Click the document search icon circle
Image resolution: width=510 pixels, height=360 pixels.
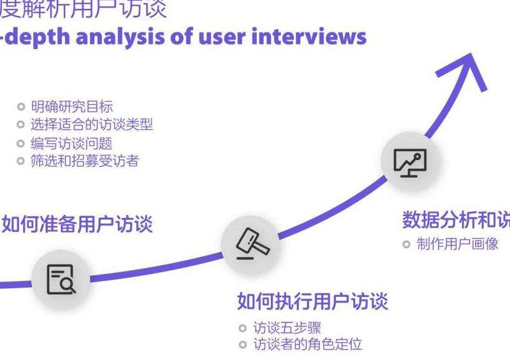[x=61, y=278]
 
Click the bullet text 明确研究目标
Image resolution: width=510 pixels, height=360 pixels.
[x=71, y=106]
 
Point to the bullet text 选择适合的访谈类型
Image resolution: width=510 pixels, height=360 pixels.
[x=92, y=124]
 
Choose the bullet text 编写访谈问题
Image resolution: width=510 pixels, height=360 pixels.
[x=71, y=143]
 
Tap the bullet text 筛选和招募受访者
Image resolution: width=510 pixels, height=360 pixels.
[x=85, y=161]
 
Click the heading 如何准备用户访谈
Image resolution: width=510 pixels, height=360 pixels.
[x=77, y=224]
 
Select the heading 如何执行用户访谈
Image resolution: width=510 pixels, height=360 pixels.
[x=312, y=300]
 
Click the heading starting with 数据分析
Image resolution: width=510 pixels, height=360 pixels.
[x=456, y=220]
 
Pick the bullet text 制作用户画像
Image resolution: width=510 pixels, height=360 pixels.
[x=457, y=244]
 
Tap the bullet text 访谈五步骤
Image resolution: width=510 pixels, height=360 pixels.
[x=287, y=328]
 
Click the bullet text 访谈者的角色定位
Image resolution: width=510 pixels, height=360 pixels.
[x=307, y=345]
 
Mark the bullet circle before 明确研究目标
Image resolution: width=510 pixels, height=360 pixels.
[x=22, y=106]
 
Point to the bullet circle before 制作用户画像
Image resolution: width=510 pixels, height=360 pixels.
[x=407, y=244]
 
